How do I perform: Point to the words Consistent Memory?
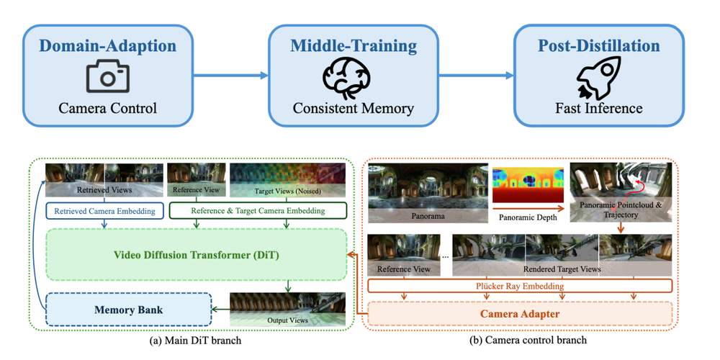[x=353, y=109]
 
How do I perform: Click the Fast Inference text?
[x=598, y=109]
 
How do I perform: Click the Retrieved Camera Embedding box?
[x=105, y=210]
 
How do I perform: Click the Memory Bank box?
[x=127, y=310]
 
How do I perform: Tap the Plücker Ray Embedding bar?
[x=519, y=287]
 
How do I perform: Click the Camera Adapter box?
[x=519, y=314]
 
